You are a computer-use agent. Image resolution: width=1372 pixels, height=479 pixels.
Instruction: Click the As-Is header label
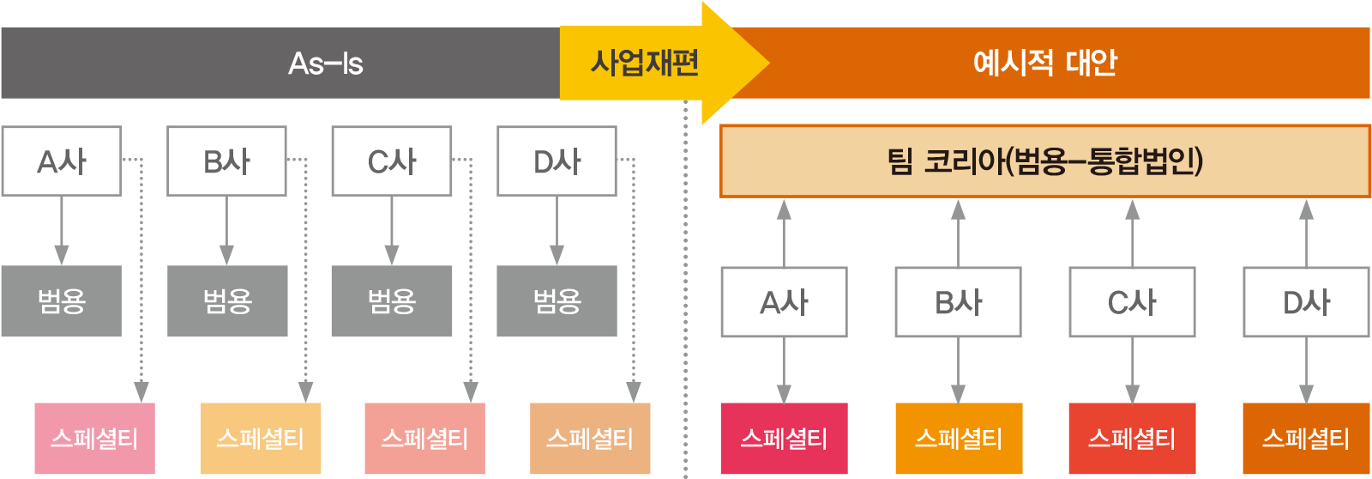tap(325, 63)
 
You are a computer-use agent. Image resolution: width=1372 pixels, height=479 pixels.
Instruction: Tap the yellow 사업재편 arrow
tap(645, 63)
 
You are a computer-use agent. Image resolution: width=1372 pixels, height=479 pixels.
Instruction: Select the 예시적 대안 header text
tap(1044, 63)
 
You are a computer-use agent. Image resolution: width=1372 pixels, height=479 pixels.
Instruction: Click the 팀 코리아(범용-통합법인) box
tap(1044, 161)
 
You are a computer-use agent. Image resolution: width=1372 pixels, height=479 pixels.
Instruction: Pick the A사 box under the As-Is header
tap(61, 161)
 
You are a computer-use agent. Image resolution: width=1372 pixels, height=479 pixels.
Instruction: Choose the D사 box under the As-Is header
tap(557, 161)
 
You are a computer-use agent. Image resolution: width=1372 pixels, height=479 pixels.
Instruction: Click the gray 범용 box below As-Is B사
tap(226, 300)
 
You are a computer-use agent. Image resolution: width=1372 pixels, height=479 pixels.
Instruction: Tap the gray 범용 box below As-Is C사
tap(391, 300)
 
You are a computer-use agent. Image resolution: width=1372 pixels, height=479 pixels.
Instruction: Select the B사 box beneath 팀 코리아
tap(958, 302)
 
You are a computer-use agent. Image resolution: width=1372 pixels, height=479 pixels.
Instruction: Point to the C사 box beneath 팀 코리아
tap(1132, 302)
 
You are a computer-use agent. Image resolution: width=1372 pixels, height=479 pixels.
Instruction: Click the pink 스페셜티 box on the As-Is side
tap(94, 439)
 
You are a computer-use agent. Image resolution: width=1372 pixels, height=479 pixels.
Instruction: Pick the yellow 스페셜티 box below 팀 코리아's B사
tap(958, 439)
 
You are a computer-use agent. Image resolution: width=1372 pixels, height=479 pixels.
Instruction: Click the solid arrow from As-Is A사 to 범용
tap(61, 230)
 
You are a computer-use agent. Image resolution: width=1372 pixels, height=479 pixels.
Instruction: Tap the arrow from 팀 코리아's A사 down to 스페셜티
tap(784, 369)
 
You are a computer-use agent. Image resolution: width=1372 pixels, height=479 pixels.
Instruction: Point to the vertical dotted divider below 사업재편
tap(685, 292)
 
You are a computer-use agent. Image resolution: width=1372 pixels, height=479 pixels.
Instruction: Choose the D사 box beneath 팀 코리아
tap(1306, 302)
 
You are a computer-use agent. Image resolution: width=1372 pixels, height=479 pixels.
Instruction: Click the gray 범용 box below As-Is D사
tap(557, 300)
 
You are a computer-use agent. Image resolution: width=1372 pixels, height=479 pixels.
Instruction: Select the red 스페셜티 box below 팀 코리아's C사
tap(1132, 439)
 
